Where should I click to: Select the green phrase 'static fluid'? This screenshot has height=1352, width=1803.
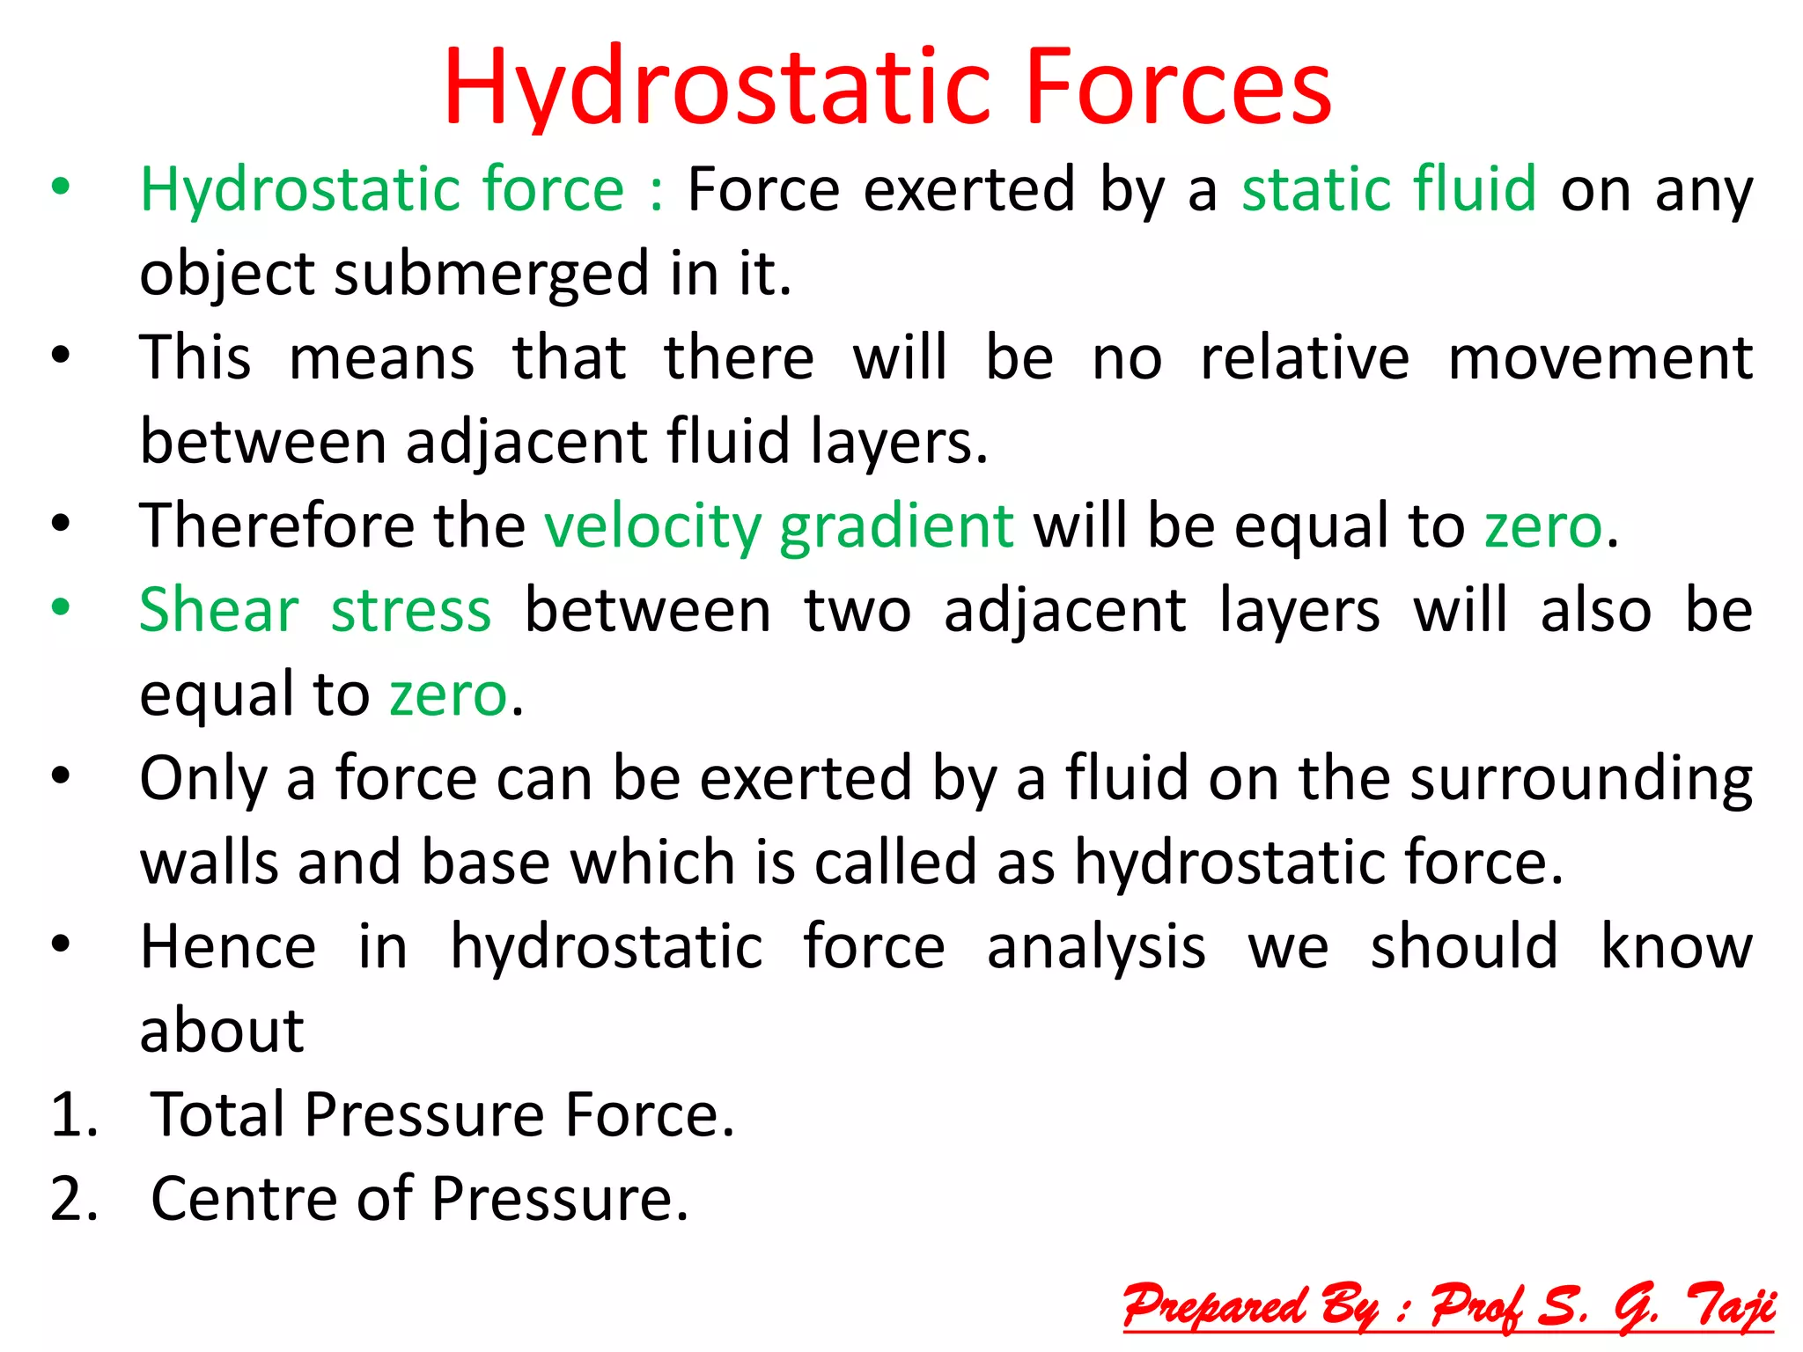1388,189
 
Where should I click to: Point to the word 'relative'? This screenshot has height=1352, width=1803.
1305,358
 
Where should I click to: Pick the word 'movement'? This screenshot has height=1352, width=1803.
1600,358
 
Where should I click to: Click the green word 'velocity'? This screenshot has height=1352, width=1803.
652,526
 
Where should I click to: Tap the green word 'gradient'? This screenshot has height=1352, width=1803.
896,526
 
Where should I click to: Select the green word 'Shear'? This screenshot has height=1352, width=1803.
219,610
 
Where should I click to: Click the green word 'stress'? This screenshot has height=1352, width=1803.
411,610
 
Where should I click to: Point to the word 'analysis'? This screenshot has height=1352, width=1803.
1096,947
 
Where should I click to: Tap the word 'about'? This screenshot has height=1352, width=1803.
222,1031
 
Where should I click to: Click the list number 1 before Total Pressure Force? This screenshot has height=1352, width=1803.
74,1115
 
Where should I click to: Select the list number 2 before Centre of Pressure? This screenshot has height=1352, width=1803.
74,1199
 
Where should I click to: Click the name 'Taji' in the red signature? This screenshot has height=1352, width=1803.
1729,1306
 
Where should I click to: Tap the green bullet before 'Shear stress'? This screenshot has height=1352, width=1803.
60,607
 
